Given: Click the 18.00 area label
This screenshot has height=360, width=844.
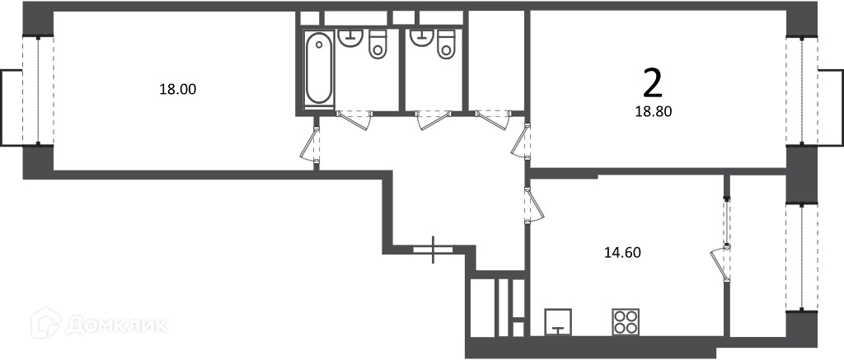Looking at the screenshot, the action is point(177,89).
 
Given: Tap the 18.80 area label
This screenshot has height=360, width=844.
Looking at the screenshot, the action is point(654,111).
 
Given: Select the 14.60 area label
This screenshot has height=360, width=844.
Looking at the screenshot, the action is point(621,252).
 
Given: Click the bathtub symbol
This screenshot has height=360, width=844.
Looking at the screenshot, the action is point(319,68).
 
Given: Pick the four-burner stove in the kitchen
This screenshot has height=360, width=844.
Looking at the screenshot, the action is point(626,322).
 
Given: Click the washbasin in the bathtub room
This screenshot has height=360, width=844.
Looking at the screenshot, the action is point(350,38).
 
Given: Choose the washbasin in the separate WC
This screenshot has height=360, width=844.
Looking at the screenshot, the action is point(421,37).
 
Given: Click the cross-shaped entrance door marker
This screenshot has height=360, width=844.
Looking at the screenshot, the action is point(434,250).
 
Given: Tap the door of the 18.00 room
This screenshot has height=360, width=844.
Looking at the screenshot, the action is point(311,144).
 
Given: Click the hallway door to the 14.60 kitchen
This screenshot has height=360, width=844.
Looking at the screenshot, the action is point(534,204).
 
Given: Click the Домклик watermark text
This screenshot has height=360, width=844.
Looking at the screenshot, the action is point(116,325).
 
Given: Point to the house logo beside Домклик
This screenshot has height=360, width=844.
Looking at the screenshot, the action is point(46,323).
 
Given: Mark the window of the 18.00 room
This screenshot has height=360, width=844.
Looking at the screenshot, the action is point(38,91).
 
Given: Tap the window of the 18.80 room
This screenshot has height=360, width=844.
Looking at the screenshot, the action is point(801,91).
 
